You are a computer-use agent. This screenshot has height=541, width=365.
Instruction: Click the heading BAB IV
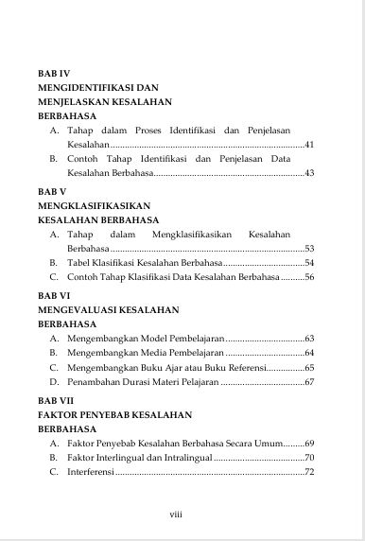point(54,72)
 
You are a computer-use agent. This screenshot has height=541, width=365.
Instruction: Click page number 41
point(309,145)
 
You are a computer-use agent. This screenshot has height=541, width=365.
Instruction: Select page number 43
point(309,173)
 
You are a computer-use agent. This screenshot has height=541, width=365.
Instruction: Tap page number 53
point(309,248)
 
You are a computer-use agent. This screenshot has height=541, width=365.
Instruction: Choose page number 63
point(309,338)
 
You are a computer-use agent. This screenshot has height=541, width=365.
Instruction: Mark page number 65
point(309,367)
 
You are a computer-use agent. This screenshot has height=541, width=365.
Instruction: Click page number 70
point(309,458)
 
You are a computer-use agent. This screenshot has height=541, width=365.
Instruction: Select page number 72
point(309,472)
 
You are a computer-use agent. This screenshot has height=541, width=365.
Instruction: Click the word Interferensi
point(90,472)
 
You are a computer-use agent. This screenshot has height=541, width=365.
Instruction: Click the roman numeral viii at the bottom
point(175,515)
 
